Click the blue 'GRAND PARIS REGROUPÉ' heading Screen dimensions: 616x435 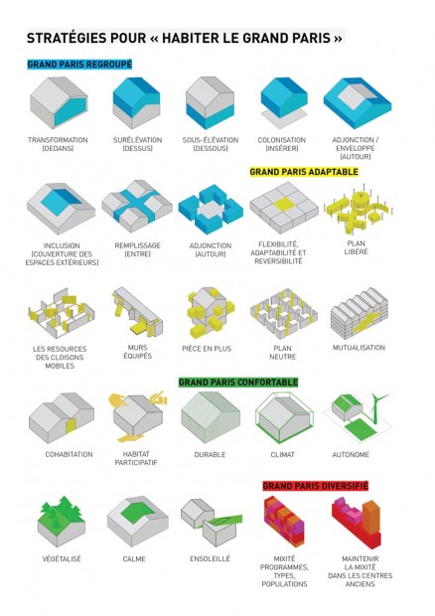(x=79, y=65)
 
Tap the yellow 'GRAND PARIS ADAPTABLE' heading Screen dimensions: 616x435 (x=303, y=172)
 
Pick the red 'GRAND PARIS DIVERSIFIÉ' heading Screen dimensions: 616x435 (x=315, y=487)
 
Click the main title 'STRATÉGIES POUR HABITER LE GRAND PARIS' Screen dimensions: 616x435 (x=185, y=39)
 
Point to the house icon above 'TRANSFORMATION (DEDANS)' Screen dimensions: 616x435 (x=59, y=103)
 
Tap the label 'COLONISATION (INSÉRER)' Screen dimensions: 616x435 (x=281, y=145)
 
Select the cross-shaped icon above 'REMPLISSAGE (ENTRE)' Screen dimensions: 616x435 (x=136, y=204)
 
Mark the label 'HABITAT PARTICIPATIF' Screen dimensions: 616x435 (x=137, y=458)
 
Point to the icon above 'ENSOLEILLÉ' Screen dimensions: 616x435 (x=210, y=521)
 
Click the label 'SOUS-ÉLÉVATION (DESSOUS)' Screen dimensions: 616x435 (x=209, y=145)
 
